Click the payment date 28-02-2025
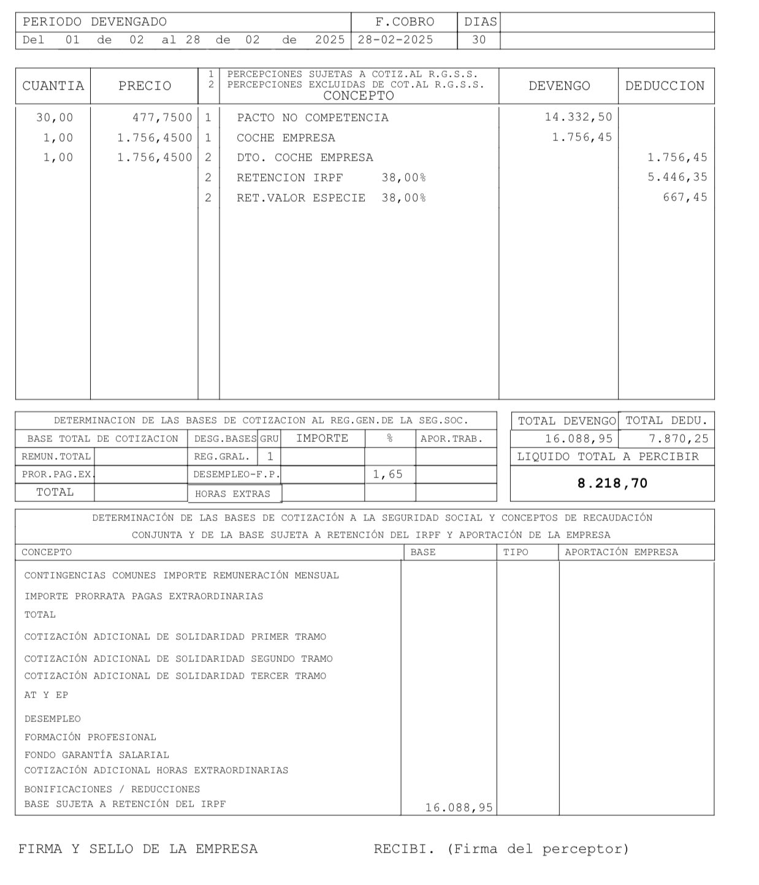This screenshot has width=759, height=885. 395,40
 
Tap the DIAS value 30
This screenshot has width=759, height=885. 479,40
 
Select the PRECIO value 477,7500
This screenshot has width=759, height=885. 162,118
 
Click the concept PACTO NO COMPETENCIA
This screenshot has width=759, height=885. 313,118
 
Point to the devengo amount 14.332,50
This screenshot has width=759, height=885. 578,117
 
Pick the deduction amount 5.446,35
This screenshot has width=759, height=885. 677,177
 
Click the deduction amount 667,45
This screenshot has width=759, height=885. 685,197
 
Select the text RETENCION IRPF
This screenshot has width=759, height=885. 290,178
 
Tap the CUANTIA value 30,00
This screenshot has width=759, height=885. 55,118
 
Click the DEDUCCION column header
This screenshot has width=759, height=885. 665,86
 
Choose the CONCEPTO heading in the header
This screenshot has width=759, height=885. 359,96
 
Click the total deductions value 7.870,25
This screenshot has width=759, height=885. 679,439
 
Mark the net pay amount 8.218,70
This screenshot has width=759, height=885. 612,484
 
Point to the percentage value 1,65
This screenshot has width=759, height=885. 388,474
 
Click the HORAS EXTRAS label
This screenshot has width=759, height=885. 232,494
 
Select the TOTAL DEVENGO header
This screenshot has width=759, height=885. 566,421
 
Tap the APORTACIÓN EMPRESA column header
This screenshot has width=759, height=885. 621,552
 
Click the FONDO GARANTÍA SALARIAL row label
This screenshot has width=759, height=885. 97,755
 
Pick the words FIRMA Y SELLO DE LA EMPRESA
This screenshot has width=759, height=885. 138,849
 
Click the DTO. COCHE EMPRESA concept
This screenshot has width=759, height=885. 305,158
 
